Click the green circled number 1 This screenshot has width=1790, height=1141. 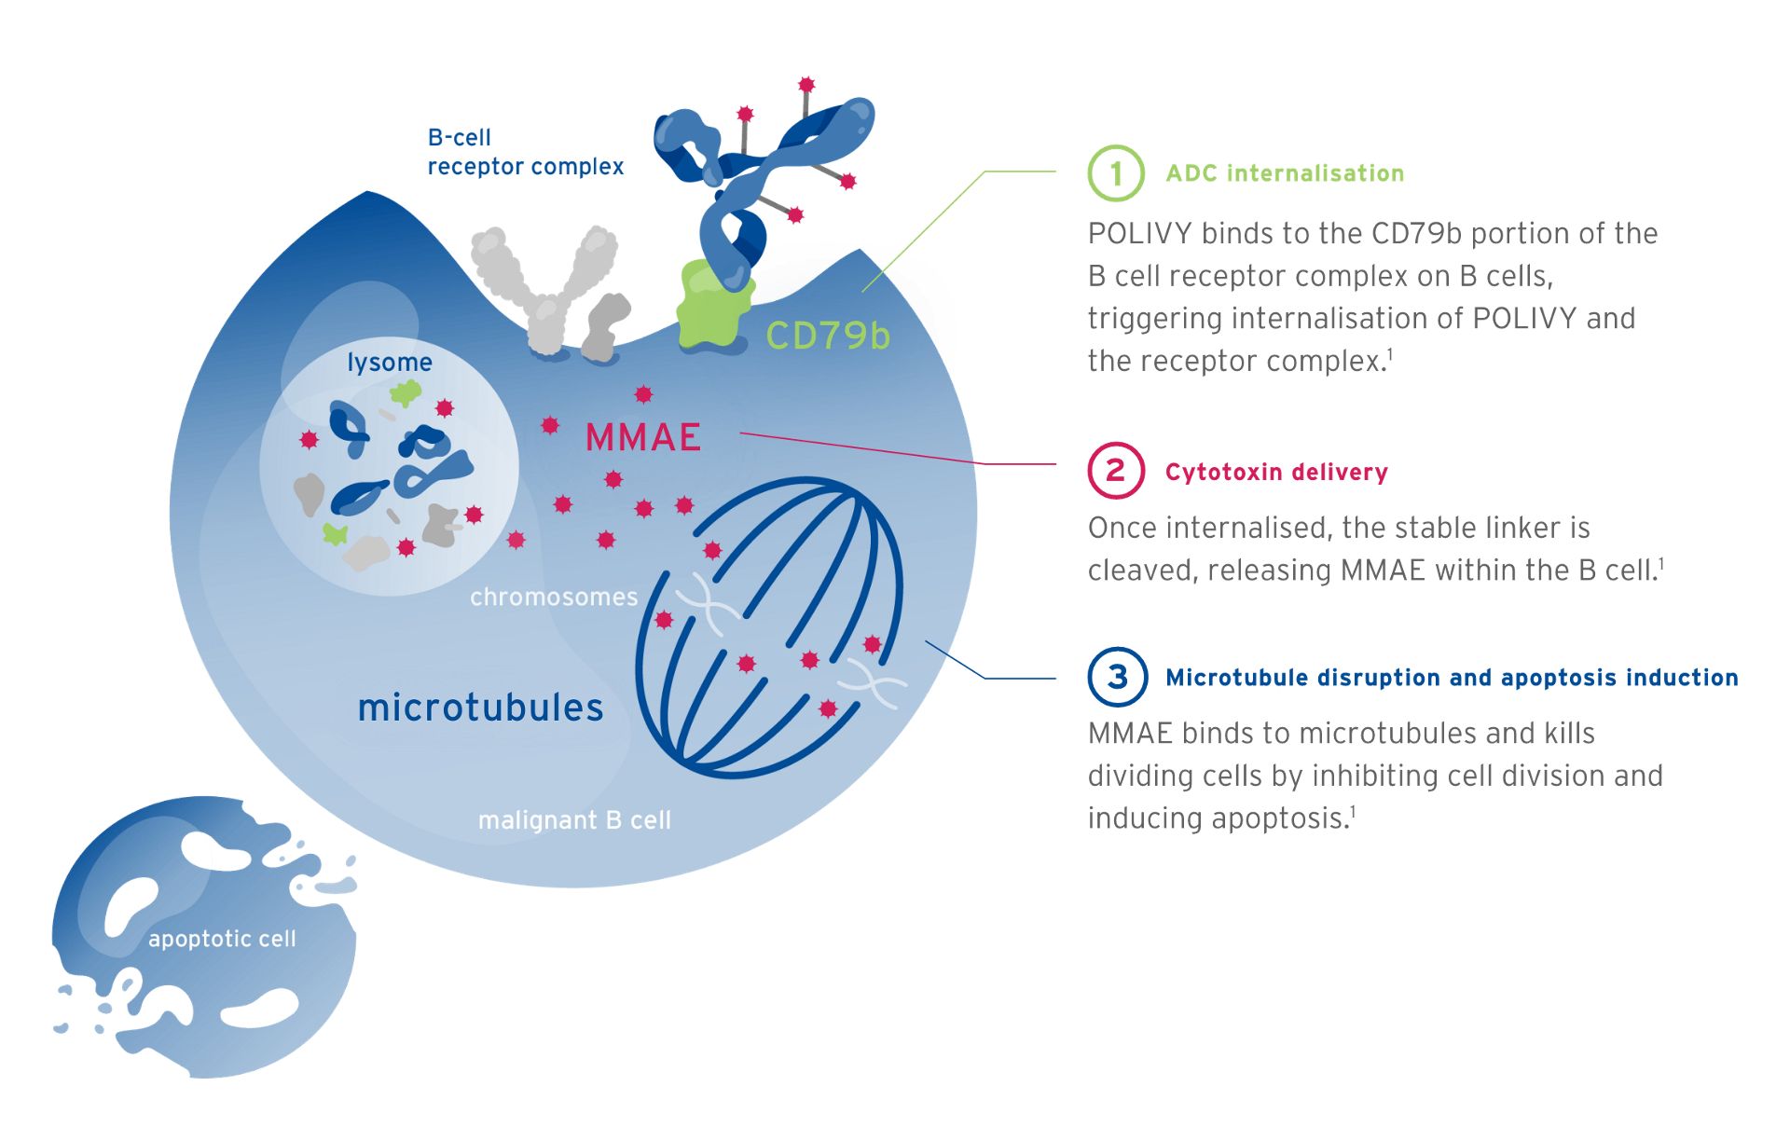[x=1115, y=173]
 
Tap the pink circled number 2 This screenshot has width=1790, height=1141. [x=1115, y=471]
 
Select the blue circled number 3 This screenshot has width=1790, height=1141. [x=1116, y=677]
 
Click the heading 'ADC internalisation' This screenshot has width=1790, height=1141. [x=1285, y=173]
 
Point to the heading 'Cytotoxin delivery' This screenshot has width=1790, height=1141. [x=1276, y=472]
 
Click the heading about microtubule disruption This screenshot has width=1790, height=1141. [x=1452, y=678]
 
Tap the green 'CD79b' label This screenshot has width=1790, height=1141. [x=828, y=336]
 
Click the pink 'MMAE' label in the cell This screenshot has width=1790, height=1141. [x=643, y=437]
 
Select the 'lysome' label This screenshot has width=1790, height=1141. [x=390, y=363]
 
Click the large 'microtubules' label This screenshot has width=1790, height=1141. [x=481, y=708]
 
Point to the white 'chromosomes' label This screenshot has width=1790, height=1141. [x=554, y=597]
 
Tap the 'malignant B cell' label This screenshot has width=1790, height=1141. [x=574, y=820]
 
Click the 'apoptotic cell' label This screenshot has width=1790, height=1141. [x=222, y=939]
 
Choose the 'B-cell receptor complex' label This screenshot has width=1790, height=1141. [x=525, y=152]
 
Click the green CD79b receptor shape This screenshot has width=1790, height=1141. [x=713, y=308]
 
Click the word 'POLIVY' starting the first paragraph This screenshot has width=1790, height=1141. [x=1139, y=233]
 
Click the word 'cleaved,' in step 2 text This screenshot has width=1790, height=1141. [x=1143, y=570]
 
